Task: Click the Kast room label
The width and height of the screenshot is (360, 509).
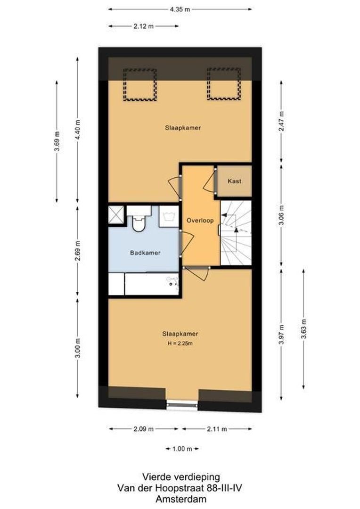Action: pos(234,181)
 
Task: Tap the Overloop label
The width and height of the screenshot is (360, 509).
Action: pos(200,221)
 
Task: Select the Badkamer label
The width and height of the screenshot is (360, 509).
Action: pos(145,253)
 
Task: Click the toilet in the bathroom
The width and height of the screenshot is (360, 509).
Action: pos(139,219)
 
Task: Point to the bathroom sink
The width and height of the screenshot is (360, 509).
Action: pos(169,216)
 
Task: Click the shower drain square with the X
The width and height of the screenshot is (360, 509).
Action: pos(116,214)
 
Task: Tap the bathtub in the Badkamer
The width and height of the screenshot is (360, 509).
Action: pos(152,284)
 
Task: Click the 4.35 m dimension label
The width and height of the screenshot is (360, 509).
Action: pos(180,9)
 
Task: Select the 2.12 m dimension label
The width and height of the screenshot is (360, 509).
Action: pos(143,26)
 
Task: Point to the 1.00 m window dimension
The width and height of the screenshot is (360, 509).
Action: pos(182,449)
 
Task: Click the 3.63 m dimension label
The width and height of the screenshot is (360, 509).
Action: pos(303,329)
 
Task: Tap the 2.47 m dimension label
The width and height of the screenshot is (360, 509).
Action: pos(281,121)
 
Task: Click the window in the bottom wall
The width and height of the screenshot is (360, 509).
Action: pos(182,404)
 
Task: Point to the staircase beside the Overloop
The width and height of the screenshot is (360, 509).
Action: pos(236,233)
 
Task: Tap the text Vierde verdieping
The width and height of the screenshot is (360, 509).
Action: pos(181,477)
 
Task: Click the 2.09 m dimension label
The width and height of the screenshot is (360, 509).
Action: pos(143,429)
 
